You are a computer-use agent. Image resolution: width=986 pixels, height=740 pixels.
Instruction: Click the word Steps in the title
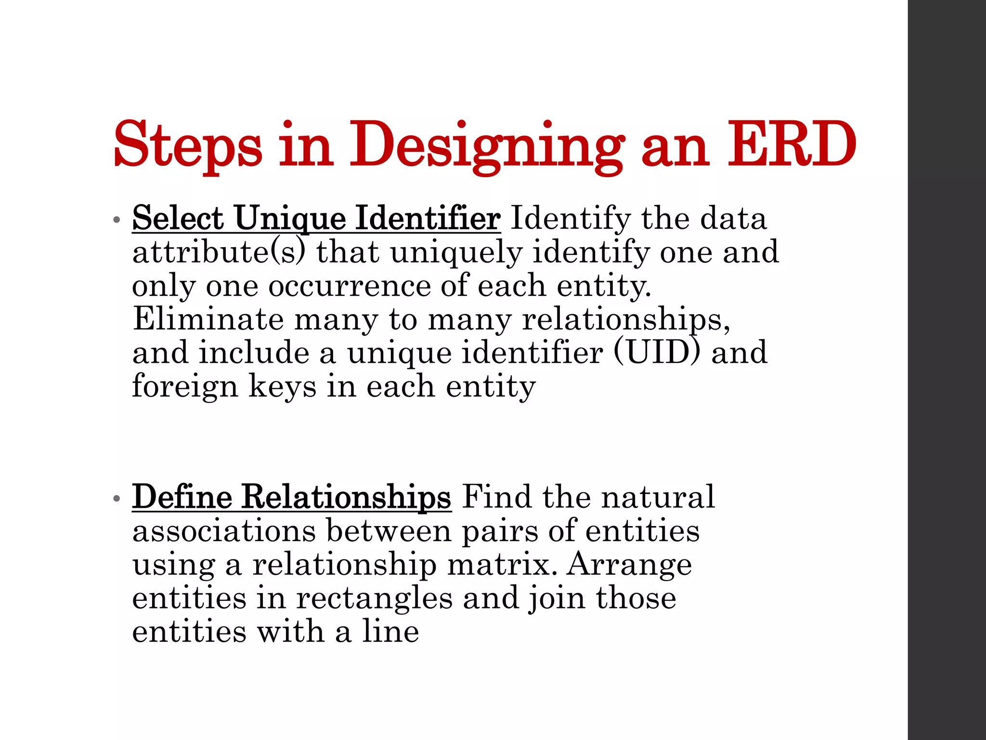point(188,145)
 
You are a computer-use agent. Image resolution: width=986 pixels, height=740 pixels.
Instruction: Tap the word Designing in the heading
point(487,145)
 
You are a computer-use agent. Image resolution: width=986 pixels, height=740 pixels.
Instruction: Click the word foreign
point(185,386)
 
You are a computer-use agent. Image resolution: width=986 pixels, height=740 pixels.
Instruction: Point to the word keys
point(282,386)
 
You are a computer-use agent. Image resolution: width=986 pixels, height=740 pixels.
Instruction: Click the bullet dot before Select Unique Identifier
point(116,220)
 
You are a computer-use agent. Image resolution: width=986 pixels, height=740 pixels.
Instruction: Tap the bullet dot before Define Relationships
point(116,499)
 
